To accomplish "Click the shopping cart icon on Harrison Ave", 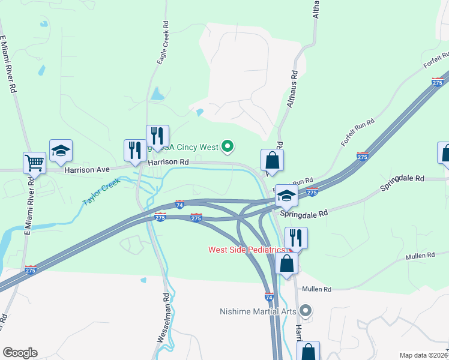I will click(34, 161).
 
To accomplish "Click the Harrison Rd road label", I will click(168, 162).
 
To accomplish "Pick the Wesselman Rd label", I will click(163, 317).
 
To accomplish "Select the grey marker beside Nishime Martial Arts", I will click(306, 311).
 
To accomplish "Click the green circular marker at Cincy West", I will click(228, 145).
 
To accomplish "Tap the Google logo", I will click(20, 353).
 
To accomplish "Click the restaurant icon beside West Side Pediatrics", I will click(296, 237).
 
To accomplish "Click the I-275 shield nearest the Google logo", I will click(31, 271).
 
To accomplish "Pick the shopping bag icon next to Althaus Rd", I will click(272, 160).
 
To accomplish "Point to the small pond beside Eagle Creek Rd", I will click(157, 94).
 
